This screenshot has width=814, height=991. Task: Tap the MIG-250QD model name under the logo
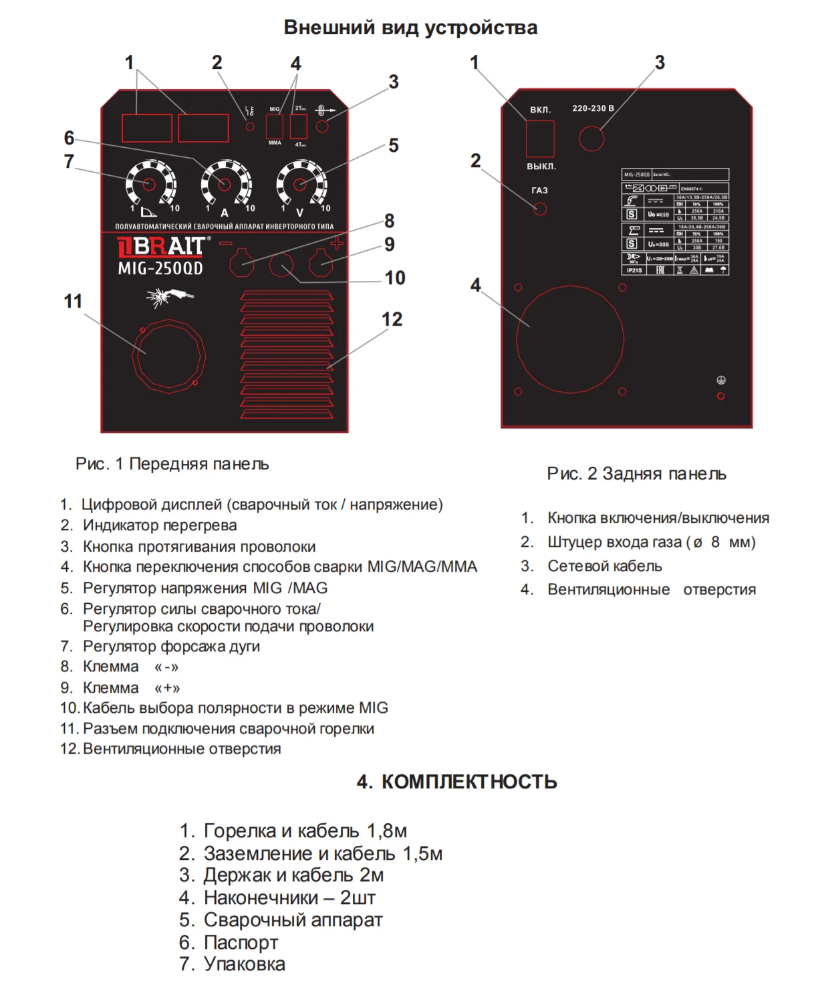coord(160,269)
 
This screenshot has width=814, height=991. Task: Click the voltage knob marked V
coord(300,184)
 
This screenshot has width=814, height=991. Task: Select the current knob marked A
coord(225,184)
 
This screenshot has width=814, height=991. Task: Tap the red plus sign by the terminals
coord(337,243)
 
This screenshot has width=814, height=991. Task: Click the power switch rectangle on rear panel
coord(540,139)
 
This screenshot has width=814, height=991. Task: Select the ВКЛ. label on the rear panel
coord(540,110)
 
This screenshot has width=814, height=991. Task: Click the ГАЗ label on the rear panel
coord(539,191)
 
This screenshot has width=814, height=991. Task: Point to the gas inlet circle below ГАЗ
coord(540,209)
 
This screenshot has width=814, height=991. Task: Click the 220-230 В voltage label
coord(593,108)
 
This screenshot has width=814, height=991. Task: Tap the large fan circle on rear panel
coord(569,340)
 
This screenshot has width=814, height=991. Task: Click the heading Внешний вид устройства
coord(410,27)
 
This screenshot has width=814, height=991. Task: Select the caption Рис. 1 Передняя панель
coord(172,464)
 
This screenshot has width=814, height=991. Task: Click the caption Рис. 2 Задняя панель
coord(636,474)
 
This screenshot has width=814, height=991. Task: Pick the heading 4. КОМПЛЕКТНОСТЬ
coord(456,782)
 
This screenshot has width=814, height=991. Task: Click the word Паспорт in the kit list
coord(241,942)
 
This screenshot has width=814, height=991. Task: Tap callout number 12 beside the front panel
coord(392,320)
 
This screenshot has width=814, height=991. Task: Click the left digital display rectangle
coord(147,128)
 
